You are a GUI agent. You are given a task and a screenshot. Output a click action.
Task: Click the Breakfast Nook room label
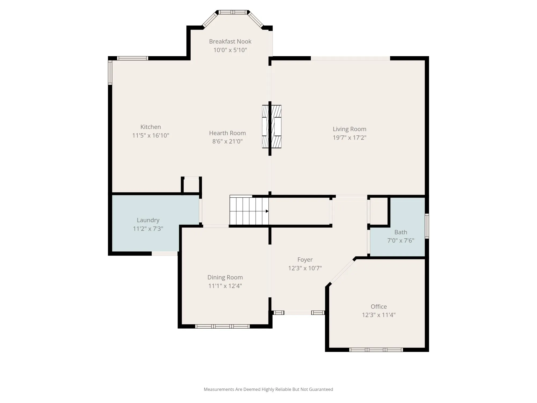tap(230, 41)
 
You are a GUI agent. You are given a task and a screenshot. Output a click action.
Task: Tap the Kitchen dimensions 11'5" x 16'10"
tap(151, 135)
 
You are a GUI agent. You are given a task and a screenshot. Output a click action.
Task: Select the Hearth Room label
tap(227, 133)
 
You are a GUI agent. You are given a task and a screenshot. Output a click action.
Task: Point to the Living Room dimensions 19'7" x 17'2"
tap(350, 138)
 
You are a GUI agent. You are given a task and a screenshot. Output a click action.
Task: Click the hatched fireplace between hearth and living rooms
tap(271, 127)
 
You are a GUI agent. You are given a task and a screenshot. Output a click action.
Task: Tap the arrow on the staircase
tap(267, 211)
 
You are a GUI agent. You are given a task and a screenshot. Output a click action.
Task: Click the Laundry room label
tap(148, 220)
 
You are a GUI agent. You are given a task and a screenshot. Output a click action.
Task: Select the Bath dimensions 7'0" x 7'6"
tap(401, 240)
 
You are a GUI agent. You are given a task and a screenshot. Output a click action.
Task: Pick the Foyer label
tap(305, 260)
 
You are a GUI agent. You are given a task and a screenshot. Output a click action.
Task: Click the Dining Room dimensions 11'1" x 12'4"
tap(225, 286)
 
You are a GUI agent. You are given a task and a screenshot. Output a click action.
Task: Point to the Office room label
tap(379, 307)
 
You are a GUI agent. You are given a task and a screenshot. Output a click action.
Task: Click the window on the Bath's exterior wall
tap(427, 226)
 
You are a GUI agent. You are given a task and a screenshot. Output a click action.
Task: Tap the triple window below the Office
tap(376, 350)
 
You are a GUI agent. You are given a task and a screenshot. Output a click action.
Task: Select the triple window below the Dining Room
tap(222, 326)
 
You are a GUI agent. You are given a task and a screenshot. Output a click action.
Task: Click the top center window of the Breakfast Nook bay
tap(233, 12)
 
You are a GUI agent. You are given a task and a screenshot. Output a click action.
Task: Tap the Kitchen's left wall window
tap(110, 73)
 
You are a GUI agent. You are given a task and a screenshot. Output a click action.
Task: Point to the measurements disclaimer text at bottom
tap(268, 389)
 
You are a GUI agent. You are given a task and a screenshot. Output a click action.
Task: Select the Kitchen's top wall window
tap(133, 58)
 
